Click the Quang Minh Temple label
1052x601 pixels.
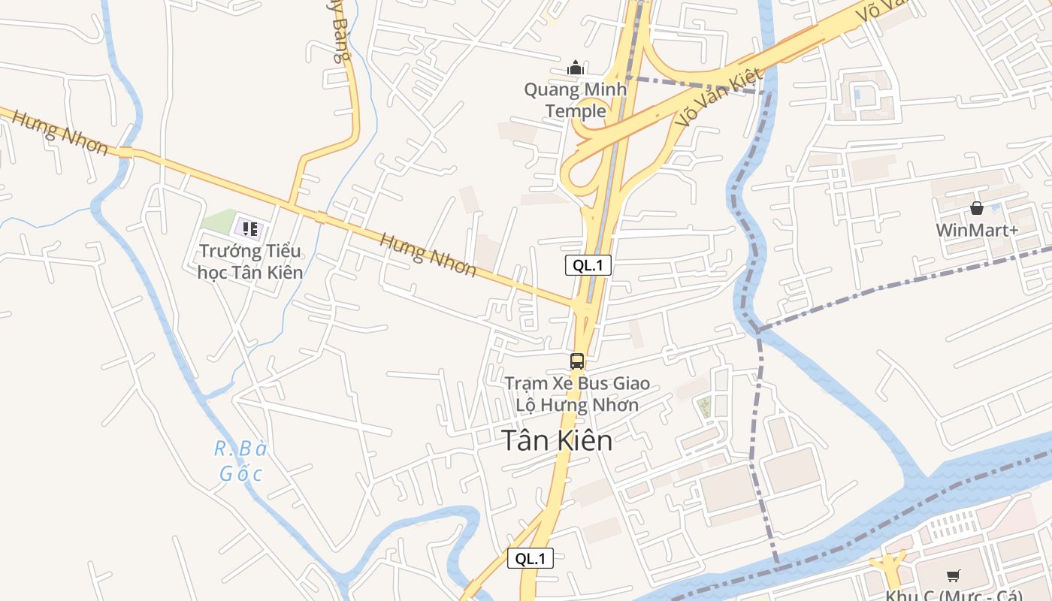pos(576,101)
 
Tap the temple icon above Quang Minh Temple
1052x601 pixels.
pos(576,68)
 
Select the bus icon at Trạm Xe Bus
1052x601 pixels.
pos(576,361)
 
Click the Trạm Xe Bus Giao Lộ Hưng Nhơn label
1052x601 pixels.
pos(576,394)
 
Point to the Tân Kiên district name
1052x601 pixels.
pos(557,441)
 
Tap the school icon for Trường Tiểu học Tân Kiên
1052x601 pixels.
pos(249,228)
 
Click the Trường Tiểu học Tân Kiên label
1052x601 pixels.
pos(250,261)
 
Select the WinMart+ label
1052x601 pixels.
pos(977,230)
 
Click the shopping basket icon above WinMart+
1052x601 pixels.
pos(977,208)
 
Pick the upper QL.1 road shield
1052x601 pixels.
pos(588,265)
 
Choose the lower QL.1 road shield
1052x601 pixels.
pos(530,559)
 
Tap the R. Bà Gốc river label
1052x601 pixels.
pos(241,461)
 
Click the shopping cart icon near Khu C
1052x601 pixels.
pos(953,576)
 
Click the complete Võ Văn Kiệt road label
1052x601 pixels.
pos(719,98)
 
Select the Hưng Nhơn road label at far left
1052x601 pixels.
pos(60,132)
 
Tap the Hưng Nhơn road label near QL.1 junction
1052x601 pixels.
pos(428,254)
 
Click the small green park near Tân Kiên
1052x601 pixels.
pos(704,407)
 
